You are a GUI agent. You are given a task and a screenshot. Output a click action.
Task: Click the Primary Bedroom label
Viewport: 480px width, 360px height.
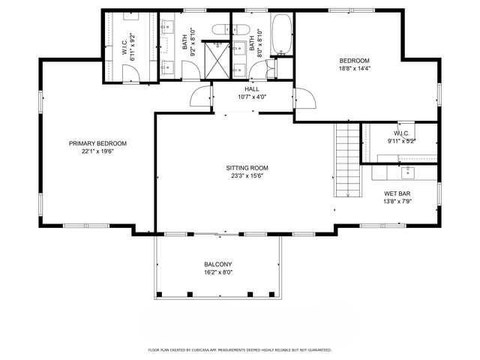point(97,143)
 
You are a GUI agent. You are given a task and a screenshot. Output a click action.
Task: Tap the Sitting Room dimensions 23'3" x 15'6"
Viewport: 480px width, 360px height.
point(247,176)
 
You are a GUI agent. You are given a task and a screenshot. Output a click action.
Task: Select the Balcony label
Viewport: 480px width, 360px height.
point(218,264)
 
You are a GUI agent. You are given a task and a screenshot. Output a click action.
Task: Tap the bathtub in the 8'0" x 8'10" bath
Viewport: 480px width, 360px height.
point(281,34)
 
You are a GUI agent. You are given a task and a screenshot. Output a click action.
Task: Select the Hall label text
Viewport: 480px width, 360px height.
point(252,89)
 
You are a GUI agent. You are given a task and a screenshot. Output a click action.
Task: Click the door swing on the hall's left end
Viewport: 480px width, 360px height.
point(201,98)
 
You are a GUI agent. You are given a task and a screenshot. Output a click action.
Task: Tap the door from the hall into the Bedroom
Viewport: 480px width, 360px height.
point(304,98)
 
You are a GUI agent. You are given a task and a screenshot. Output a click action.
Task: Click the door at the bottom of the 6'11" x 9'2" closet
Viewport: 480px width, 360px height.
point(130,74)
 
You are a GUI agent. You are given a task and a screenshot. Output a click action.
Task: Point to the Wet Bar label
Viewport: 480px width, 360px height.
point(397,193)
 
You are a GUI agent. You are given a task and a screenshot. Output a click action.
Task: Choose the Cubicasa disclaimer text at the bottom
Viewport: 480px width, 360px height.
point(240,349)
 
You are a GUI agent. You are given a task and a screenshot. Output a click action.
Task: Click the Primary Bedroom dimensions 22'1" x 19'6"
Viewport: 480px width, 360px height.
point(97,151)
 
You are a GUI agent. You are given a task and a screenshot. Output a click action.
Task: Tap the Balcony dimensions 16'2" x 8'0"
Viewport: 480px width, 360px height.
point(218,272)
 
